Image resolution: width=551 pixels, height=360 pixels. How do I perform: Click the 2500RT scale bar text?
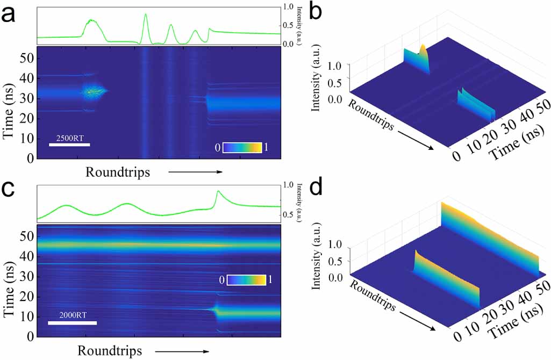[x=69, y=136]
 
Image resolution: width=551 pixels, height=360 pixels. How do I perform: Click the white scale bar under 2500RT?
[x=69, y=145]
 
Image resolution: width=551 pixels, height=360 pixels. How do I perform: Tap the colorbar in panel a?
[x=242, y=148]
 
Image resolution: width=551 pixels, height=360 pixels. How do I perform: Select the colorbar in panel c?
[x=246, y=280]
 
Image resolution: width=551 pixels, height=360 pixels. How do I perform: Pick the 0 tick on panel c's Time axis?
[x=31, y=336]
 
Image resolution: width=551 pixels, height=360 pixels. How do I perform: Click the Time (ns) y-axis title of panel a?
[x=9, y=102]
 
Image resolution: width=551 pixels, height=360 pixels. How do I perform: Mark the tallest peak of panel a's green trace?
[x=146, y=15]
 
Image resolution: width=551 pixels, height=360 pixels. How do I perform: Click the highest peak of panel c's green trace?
[x=218, y=191]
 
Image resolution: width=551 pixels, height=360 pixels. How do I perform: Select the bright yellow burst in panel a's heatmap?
[x=94, y=92]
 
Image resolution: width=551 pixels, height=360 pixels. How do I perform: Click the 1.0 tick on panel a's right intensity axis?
[x=289, y=7]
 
